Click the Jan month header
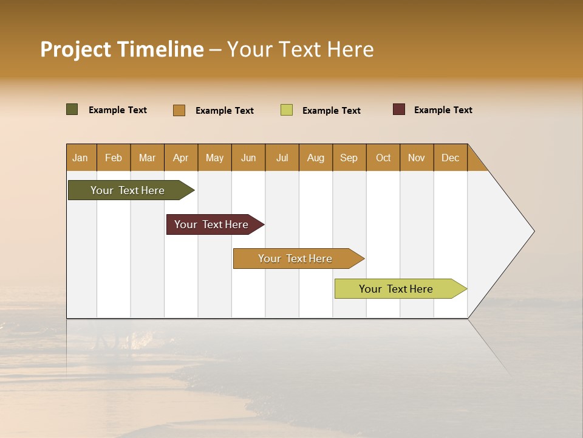click(x=80, y=158)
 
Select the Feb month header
click(x=114, y=158)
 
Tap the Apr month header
click(x=180, y=158)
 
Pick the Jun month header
click(x=248, y=158)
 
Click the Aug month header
click(x=315, y=158)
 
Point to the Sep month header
click(x=349, y=158)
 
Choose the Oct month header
click(x=383, y=158)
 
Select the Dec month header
click(x=450, y=158)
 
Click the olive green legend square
click(x=72, y=109)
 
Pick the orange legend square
click(x=179, y=110)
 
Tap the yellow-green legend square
click(x=287, y=110)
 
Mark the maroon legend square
click(x=399, y=109)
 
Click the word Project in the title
click(x=76, y=49)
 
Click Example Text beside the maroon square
click(x=443, y=110)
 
